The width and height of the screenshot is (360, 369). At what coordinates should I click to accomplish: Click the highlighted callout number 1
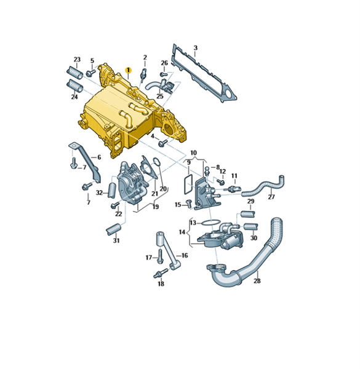click(129, 70)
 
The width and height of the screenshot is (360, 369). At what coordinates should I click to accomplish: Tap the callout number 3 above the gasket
click(196, 48)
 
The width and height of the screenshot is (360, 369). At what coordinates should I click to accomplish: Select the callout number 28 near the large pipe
click(257, 280)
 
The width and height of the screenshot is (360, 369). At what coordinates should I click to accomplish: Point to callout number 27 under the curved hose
click(271, 197)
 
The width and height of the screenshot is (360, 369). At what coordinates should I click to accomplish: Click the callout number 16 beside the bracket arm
click(185, 255)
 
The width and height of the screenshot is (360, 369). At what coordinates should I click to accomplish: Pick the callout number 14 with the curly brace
click(182, 232)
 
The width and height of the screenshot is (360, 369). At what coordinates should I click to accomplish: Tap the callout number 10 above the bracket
click(193, 153)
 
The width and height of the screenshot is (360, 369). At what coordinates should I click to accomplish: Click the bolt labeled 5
click(91, 73)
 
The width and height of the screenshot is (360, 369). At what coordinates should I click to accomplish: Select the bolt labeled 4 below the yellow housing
click(163, 143)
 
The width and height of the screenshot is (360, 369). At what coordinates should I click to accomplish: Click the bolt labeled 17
click(160, 256)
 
